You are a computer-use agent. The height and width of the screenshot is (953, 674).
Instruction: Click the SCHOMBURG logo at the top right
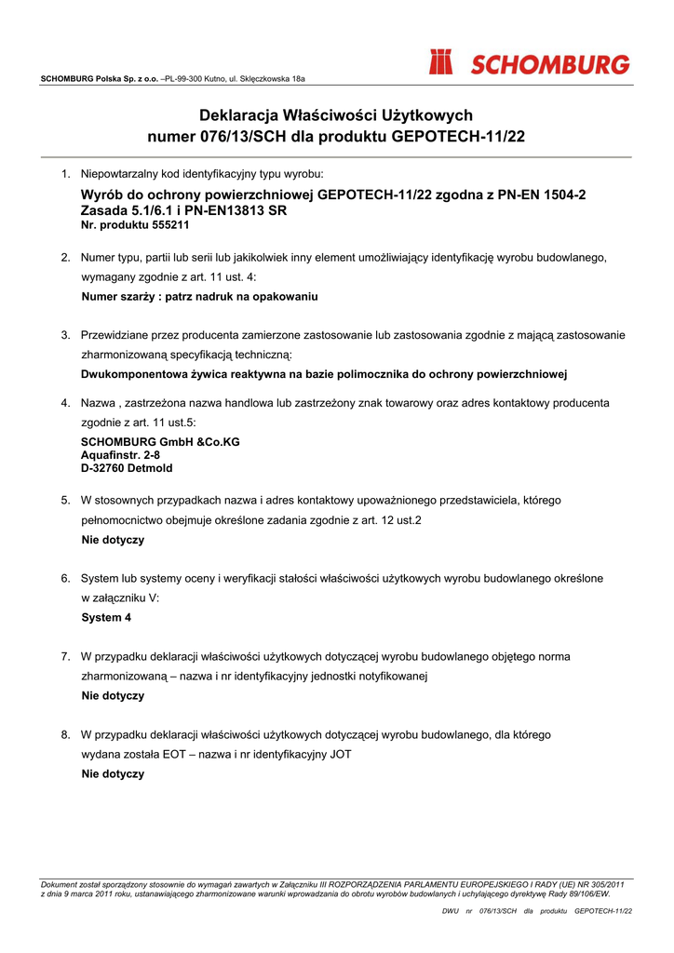click(x=529, y=63)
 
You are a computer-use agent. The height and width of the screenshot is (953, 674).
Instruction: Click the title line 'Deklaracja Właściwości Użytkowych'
click(x=336, y=115)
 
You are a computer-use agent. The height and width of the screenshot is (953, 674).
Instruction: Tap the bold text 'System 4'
click(x=106, y=617)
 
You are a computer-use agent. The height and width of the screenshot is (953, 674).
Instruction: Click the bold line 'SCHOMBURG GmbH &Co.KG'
click(x=160, y=442)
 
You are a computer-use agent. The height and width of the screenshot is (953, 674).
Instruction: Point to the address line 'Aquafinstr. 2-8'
click(x=120, y=455)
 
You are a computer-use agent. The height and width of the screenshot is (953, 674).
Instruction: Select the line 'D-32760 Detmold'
click(x=127, y=468)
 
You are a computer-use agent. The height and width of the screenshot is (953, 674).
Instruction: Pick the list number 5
click(x=66, y=501)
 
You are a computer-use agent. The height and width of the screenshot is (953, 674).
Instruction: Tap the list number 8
click(x=66, y=735)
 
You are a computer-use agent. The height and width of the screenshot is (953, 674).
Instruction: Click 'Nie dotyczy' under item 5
click(x=113, y=540)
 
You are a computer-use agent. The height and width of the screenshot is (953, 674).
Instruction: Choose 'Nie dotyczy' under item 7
click(x=113, y=695)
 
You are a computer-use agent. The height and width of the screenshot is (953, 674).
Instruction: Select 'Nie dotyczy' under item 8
click(x=113, y=773)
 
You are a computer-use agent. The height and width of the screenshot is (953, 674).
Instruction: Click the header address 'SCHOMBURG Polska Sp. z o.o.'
click(x=100, y=79)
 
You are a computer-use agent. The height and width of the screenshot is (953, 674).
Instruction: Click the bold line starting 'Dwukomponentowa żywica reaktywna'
click(x=324, y=374)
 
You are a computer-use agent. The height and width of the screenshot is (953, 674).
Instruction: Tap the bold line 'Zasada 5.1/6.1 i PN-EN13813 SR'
click(x=183, y=210)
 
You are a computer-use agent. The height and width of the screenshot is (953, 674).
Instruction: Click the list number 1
click(x=66, y=174)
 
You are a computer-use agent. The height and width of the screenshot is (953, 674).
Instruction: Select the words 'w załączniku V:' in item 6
click(x=120, y=597)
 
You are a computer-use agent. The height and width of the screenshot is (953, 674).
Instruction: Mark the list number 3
click(x=66, y=335)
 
